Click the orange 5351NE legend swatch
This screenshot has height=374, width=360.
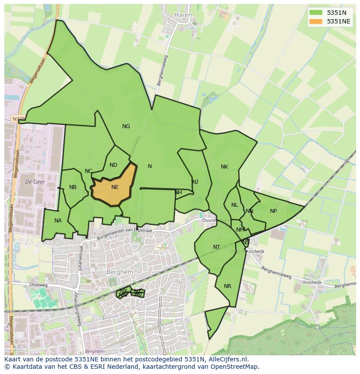pos(317,21)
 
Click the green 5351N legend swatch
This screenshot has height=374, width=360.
pos(317,13)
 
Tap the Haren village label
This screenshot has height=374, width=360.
pos(183,15)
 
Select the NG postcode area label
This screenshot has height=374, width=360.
pos(126,126)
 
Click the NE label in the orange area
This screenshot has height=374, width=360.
pos(115,187)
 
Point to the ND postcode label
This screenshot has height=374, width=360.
pos(113,165)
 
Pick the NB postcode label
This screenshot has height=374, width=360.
pos(73,187)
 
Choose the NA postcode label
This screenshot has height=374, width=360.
pos(58,221)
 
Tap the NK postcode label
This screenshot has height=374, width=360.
pos(224,167)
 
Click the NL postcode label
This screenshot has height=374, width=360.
pos(235,205)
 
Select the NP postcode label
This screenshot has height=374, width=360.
pos(273,211)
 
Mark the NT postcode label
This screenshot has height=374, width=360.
pos(217,247)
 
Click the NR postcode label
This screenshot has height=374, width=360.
pos(228,286)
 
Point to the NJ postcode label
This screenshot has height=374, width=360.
pos(195,182)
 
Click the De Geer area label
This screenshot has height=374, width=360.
pos(35,182)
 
